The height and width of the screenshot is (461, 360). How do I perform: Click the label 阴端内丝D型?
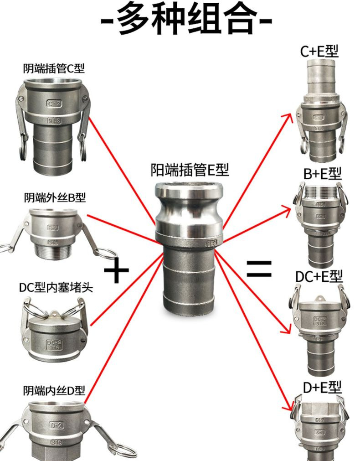click(54, 391)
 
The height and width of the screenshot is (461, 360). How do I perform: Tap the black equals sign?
click(259, 269)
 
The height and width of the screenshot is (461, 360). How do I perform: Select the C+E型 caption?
click(319, 51)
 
